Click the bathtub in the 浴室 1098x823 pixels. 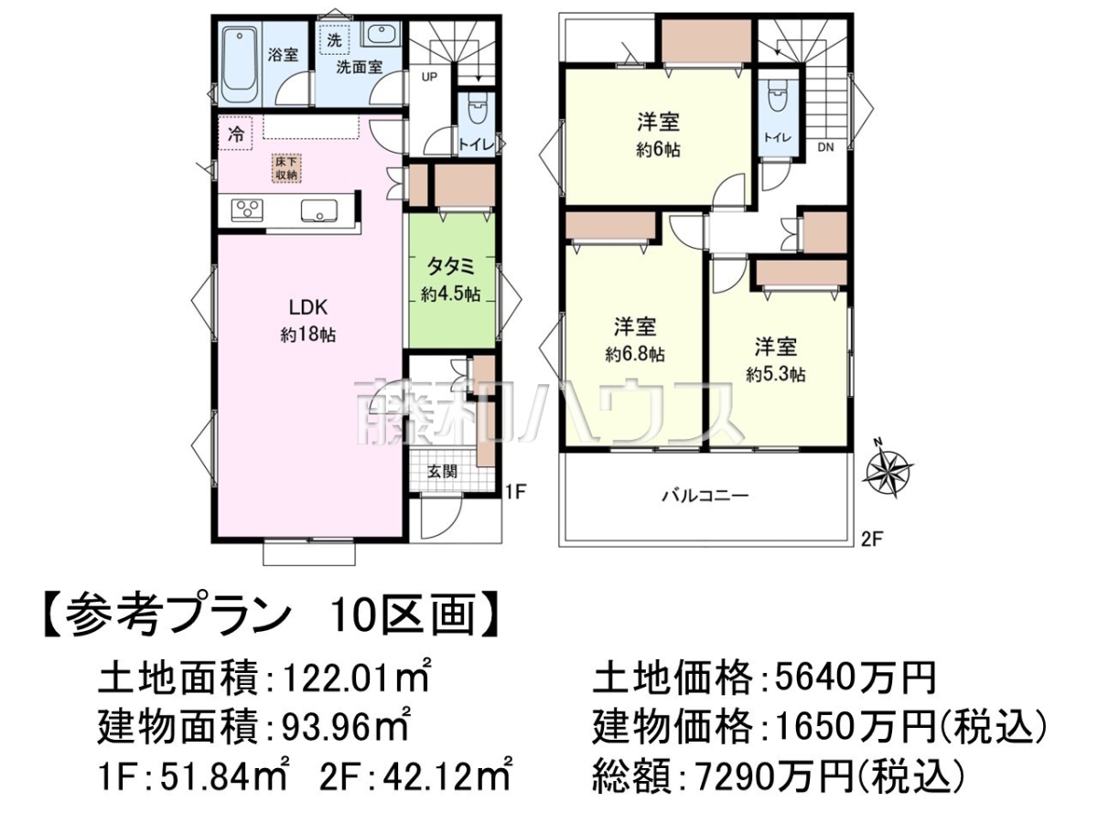pyautogui.click(x=240, y=64)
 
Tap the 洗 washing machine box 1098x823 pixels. pyautogui.click(x=334, y=40)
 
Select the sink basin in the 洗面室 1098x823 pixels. pyautogui.click(x=382, y=34)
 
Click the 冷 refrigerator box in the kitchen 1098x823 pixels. pyautogui.click(x=235, y=134)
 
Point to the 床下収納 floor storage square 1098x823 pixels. pyautogui.click(x=286, y=168)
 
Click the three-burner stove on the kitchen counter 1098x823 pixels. pyautogui.click(x=247, y=209)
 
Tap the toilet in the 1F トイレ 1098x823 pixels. pyautogui.click(x=477, y=114)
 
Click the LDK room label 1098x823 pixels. pyautogui.click(x=308, y=308)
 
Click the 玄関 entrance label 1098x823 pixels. pyautogui.click(x=442, y=471)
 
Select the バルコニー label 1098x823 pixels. pyautogui.click(x=705, y=496)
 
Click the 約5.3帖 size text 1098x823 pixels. pyautogui.click(x=776, y=374)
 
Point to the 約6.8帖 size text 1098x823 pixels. pyautogui.click(x=635, y=354)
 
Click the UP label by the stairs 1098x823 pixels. pyautogui.click(x=429, y=77)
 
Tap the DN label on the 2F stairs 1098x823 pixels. pyautogui.click(x=826, y=147)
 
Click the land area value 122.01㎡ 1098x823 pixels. pyautogui.click(x=356, y=679)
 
